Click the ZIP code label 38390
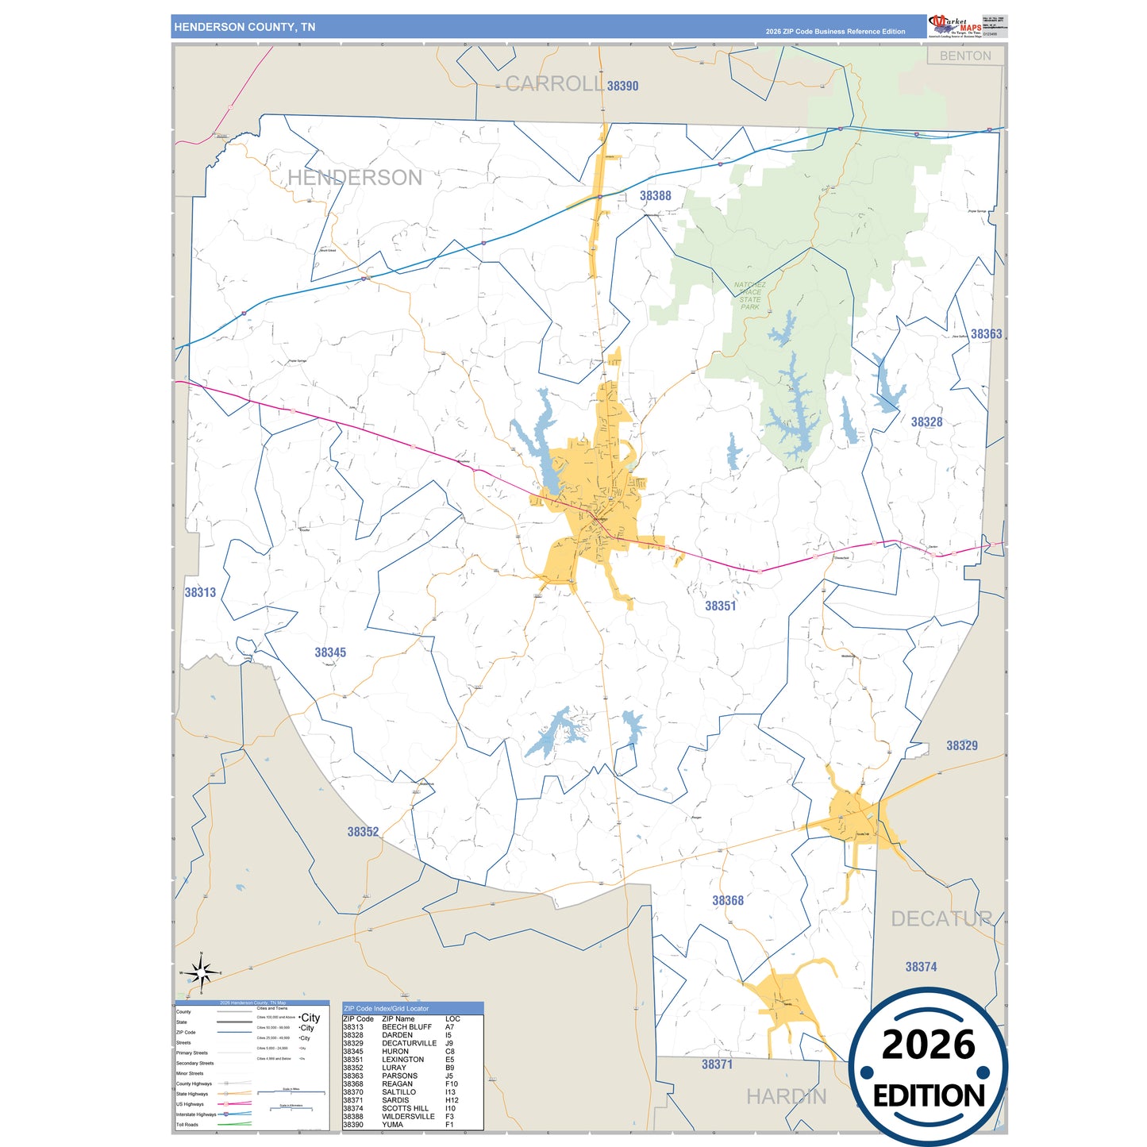(622, 86)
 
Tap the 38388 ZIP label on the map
(655, 195)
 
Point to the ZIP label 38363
(986, 334)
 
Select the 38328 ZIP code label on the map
(926, 422)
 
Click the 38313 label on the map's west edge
(200, 592)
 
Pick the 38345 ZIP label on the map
(330, 652)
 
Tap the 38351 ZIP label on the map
(720, 606)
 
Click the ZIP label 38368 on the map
(728, 900)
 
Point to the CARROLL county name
(554, 83)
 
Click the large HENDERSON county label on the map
(355, 178)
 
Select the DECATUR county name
(941, 919)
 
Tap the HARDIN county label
(786, 1096)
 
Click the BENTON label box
(965, 56)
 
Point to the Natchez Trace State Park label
(750, 295)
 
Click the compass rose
(202, 972)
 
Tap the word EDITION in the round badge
(929, 1096)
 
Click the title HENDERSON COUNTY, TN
(244, 27)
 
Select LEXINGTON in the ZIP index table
(402, 1060)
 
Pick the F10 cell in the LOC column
(451, 1083)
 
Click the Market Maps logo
(955, 25)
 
